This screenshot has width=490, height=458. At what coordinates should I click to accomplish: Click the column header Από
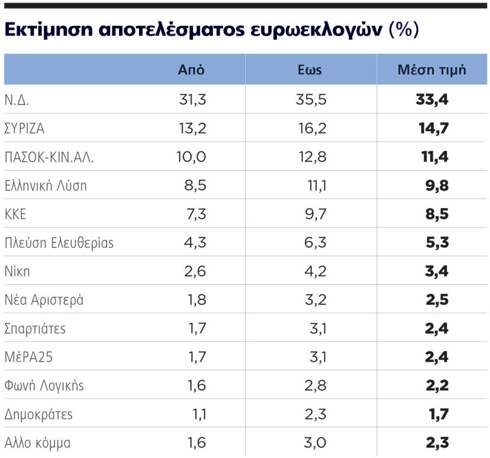pos(191,70)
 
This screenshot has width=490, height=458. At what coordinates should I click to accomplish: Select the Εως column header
pos(310,70)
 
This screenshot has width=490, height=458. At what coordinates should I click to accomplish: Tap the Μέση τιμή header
pos(432,70)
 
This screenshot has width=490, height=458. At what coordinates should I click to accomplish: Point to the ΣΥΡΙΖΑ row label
pos(24,129)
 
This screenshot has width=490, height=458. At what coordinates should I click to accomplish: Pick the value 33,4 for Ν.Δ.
pos(432,100)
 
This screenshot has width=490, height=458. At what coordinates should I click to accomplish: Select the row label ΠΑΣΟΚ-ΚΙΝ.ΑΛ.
pos(49,157)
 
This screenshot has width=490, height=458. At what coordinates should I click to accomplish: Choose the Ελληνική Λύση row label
pos(46,186)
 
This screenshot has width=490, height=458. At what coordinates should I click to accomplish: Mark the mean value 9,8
pos(437,186)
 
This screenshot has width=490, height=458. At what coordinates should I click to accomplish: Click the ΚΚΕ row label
pos(15,214)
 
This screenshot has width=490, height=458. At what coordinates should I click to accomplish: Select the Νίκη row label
pos(17,272)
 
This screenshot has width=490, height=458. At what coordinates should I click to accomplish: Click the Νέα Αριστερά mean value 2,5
pos(437,300)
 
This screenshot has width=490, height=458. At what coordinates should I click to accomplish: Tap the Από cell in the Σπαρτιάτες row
pos(197,328)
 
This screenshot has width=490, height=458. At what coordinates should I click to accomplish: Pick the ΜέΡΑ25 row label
pos(28,357)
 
